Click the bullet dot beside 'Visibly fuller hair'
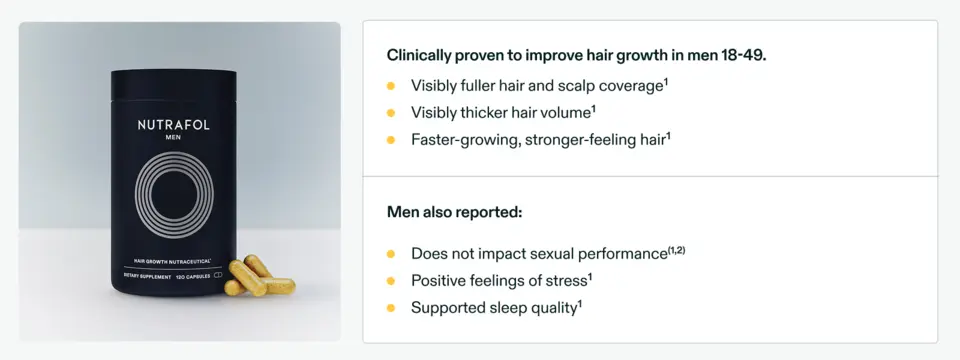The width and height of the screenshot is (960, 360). click(391, 86)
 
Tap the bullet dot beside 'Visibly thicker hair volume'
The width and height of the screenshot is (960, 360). click(391, 113)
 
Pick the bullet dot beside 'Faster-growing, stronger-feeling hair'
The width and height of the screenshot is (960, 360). click(391, 140)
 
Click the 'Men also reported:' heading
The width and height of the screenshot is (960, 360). click(455, 212)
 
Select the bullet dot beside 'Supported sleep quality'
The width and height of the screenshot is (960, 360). click(391, 308)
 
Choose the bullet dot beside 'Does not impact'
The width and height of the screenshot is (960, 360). click(391, 254)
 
